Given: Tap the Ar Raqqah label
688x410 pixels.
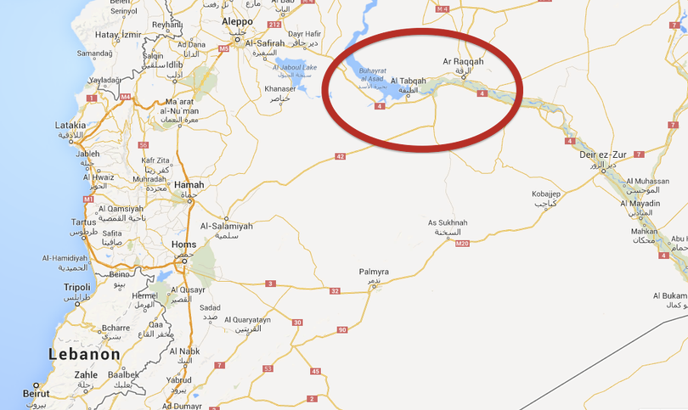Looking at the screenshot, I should click(463, 62).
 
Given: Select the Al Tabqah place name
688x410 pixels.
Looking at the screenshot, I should click(408, 81).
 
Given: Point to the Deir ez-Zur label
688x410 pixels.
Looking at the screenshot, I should click(602, 154).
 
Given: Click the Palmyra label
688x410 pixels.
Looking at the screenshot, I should click(374, 272).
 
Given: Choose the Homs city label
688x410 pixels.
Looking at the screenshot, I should click(183, 244).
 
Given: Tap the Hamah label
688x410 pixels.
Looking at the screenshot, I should click(189, 185).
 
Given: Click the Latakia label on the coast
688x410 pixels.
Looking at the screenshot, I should click(70, 126).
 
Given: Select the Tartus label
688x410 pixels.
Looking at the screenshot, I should click(83, 222).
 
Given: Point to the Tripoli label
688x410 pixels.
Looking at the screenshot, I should click(76, 288).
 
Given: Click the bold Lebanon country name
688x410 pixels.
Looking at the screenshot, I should click(84, 355).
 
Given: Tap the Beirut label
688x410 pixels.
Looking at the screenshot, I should click(36, 395).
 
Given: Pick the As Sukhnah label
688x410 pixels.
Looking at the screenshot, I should click(448, 223).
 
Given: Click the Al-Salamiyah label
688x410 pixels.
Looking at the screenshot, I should click(226, 227).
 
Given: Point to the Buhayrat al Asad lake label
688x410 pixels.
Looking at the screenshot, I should click(374, 75).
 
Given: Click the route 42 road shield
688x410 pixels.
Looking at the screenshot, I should click(340, 156).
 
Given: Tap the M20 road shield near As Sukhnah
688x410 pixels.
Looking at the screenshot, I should click(462, 244).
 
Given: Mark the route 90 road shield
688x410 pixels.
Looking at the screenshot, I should click(342, 329).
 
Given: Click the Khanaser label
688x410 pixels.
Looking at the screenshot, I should click(279, 89).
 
